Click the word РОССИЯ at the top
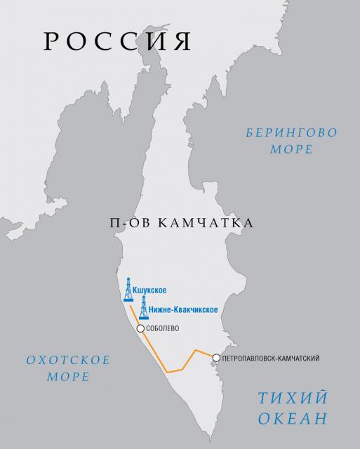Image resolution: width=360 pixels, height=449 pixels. (117, 41)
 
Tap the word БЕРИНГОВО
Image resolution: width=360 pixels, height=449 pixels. (281, 132)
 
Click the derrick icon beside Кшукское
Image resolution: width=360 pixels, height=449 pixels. (128, 290)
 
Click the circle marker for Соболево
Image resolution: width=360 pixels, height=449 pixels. (141, 328)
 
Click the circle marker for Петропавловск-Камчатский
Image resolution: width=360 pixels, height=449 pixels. (216, 358)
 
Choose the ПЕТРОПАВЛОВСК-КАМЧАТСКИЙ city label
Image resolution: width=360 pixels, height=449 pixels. (270, 358)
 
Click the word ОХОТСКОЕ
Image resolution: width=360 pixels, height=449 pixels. (69, 361)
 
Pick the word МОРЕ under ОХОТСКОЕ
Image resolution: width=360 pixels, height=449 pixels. (69, 377)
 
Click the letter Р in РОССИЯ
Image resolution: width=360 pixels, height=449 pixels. (52, 41)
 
